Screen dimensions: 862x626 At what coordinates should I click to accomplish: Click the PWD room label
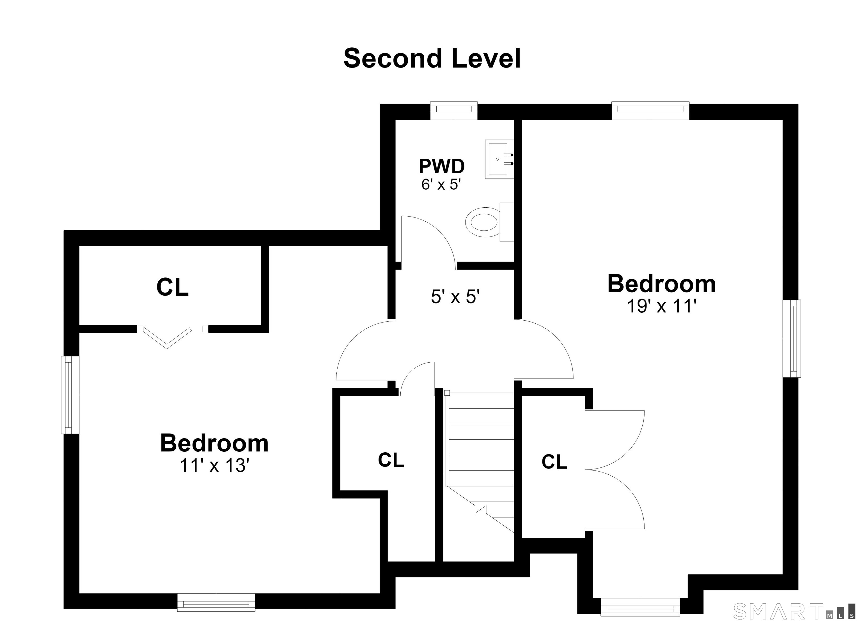click(x=442, y=166)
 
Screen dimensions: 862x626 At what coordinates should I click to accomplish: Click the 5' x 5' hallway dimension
click(x=455, y=296)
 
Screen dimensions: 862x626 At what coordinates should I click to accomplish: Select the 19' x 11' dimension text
click(x=661, y=306)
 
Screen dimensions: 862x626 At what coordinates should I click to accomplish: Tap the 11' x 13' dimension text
click(x=214, y=465)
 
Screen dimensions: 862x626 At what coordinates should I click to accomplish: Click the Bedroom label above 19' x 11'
click(x=662, y=284)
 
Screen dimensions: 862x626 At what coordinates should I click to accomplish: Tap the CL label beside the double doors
click(x=554, y=462)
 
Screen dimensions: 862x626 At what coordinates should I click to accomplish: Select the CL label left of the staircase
click(x=391, y=460)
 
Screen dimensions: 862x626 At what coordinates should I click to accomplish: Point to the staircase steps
click(x=479, y=461)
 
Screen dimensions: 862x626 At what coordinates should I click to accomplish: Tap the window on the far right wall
click(x=792, y=338)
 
